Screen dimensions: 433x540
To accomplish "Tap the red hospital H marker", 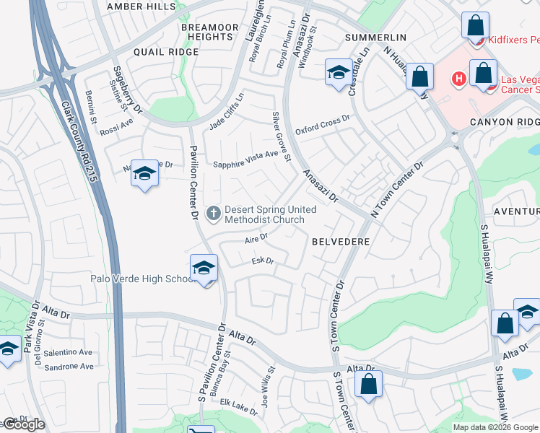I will point(457,78).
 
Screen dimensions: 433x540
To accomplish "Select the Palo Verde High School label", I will point(140,279).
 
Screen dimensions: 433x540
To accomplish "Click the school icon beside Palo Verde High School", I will point(204,268).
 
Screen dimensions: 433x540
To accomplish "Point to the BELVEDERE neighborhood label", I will point(341,241).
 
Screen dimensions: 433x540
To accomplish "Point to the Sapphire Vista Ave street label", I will point(245,159).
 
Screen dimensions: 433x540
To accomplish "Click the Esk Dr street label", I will point(263,261).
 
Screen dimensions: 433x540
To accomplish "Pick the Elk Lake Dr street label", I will point(239,408).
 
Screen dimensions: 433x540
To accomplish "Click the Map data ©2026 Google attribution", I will point(495,427).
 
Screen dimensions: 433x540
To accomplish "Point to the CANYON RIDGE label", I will point(504,122).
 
